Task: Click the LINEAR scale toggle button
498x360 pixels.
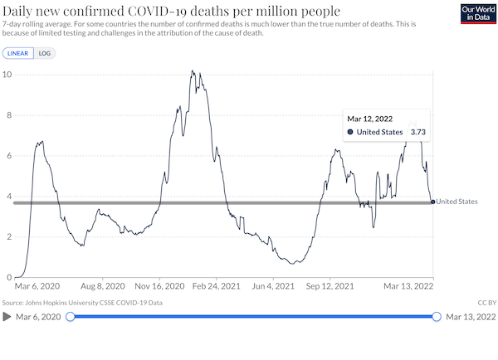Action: point(18,53)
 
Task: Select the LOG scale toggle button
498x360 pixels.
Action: point(45,53)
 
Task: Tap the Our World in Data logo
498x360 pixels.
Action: point(478,13)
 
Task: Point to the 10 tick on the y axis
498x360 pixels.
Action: point(7,75)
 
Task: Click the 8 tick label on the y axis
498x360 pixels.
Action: point(9,115)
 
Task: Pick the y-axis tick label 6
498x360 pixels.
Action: point(9,156)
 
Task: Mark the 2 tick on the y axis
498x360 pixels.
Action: point(9,237)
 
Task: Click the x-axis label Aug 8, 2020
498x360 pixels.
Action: point(103,286)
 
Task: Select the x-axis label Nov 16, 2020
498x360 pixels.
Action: point(159,286)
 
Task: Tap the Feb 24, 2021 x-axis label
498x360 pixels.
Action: point(217,286)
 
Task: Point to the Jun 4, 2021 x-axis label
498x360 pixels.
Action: point(273,286)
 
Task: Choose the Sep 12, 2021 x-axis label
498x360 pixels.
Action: point(330,286)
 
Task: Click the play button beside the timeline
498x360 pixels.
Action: point(7,317)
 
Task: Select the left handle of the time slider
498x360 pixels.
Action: point(71,317)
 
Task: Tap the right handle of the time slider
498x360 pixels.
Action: point(437,317)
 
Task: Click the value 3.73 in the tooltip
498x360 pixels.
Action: point(418,132)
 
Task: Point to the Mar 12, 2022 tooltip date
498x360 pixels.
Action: point(369,119)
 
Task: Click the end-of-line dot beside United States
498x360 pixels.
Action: point(433,202)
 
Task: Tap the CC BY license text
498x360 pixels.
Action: point(487,303)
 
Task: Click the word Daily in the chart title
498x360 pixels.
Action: point(17,12)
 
